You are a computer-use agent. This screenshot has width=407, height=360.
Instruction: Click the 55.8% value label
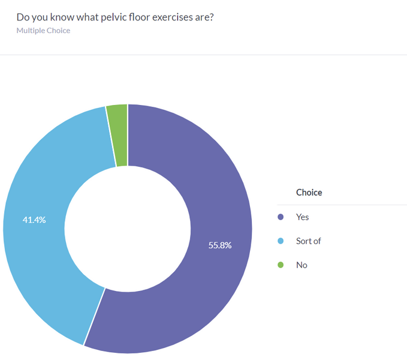click(220, 245)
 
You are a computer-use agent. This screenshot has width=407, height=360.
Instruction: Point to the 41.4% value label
click(34, 220)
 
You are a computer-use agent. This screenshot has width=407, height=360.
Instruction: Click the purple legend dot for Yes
click(280, 217)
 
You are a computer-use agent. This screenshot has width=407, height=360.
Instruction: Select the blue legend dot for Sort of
click(280, 241)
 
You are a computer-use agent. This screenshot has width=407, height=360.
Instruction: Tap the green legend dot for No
click(280, 265)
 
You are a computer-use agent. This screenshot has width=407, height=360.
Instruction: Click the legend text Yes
click(303, 217)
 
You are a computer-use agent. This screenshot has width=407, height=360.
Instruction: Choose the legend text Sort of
click(309, 241)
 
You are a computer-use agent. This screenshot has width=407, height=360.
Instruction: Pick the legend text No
click(302, 265)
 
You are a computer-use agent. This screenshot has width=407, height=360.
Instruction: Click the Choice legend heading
click(309, 193)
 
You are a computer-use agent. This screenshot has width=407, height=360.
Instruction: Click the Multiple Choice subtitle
click(43, 31)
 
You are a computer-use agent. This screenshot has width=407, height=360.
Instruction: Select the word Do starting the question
click(23, 17)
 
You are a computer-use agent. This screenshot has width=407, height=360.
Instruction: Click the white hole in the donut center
click(127, 229)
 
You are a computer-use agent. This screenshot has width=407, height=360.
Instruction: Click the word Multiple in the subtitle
click(31, 31)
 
